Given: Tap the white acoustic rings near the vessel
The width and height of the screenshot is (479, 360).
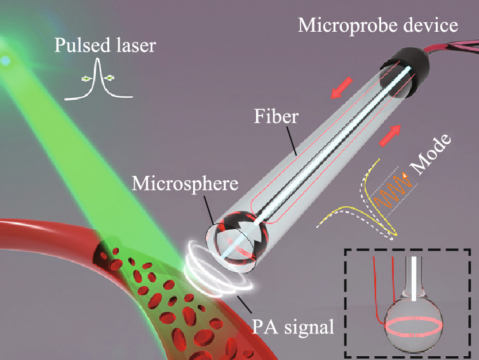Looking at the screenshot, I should pos(213,274).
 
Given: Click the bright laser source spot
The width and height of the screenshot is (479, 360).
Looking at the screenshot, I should pos(6,60).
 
